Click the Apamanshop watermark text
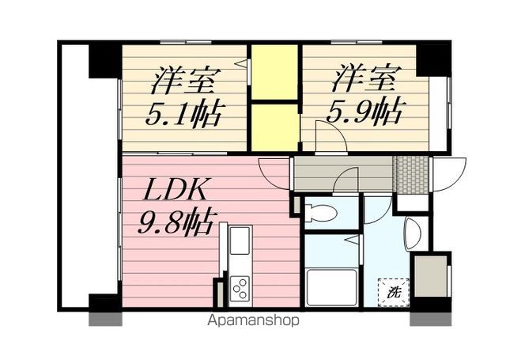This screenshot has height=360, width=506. [x=253, y=321]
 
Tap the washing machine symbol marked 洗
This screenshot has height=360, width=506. [x=394, y=291]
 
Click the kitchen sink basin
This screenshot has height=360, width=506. [x=240, y=237]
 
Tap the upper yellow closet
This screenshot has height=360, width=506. [x=274, y=73]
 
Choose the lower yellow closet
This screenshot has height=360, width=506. [x=274, y=125]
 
